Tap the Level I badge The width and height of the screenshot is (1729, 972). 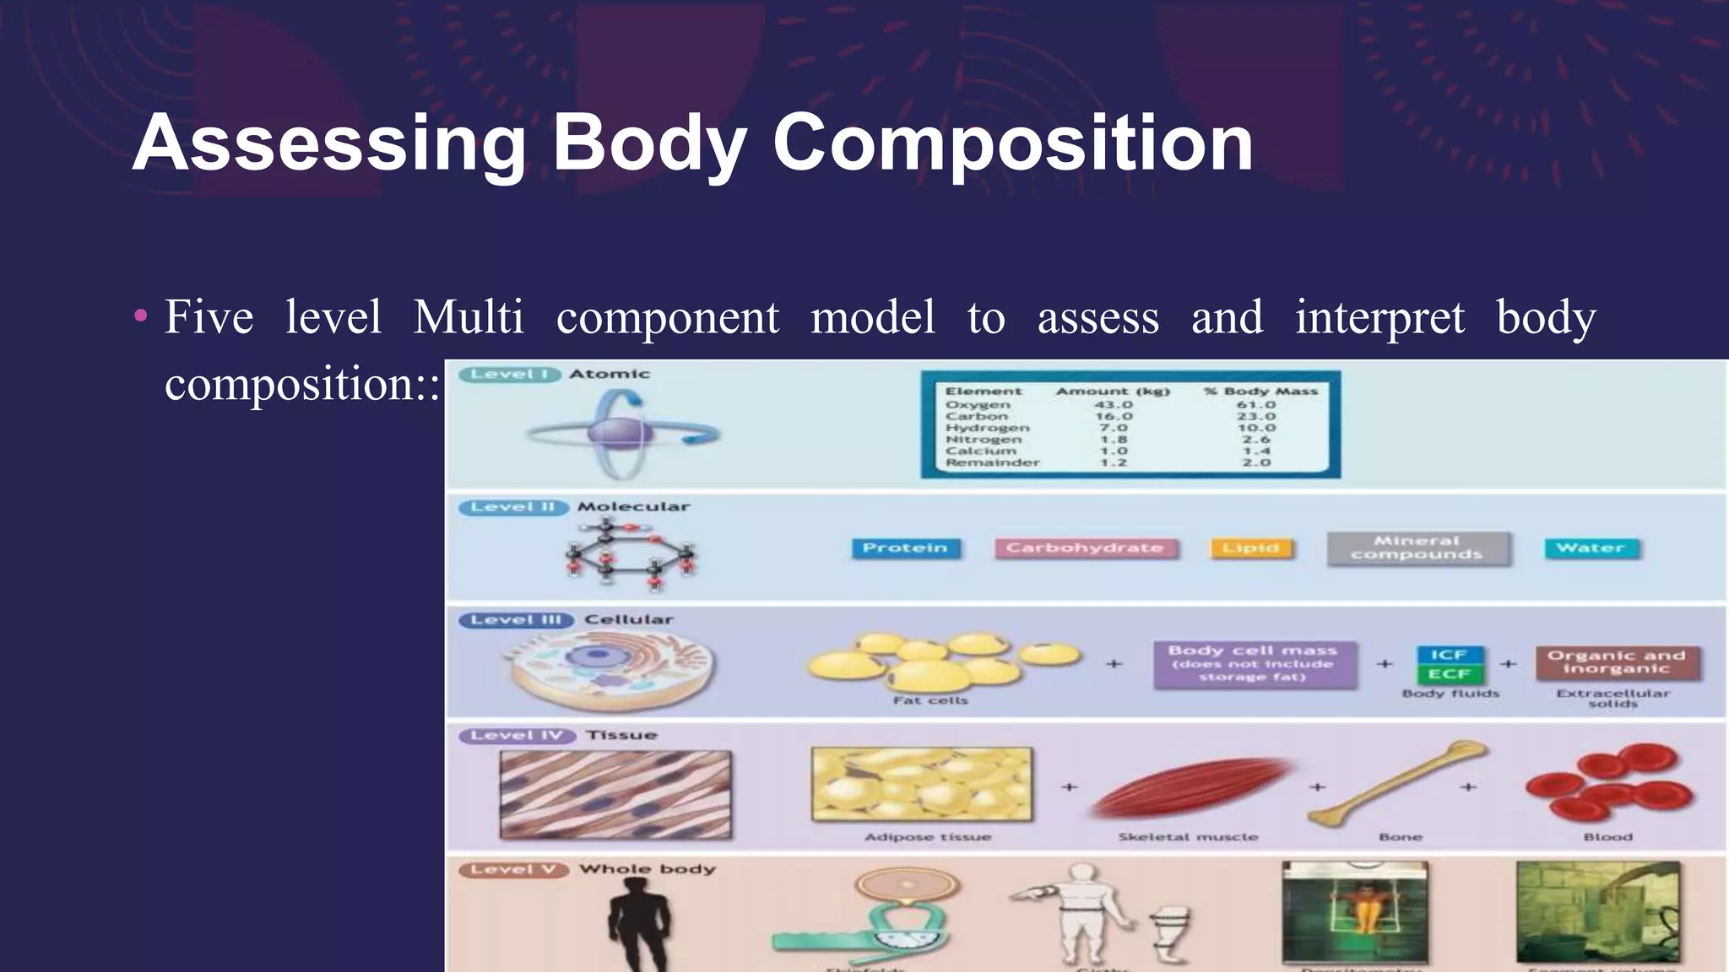(x=509, y=374)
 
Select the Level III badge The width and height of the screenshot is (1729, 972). (x=516, y=620)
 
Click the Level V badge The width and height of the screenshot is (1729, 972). (x=512, y=869)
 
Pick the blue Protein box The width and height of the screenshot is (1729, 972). (x=905, y=548)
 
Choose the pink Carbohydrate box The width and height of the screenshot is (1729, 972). (x=1085, y=548)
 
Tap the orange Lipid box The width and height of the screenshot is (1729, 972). (x=1250, y=548)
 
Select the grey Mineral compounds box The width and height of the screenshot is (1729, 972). (x=1417, y=548)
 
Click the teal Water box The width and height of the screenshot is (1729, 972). (x=1591, y=548)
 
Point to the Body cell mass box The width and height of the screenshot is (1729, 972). (x=1253, y=664)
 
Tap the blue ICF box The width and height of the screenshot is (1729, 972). (x=1449, y=655)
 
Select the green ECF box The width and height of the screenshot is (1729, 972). (x=1449, y=674)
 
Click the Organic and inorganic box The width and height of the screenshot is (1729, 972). (x=1616, y=662)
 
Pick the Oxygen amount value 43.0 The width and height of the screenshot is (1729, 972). (x=1114, y=405)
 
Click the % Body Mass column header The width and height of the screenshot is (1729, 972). (x=1260, y=391)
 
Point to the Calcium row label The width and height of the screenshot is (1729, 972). (x=980, y=451)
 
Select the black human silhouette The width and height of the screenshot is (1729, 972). (x=639, y=924)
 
